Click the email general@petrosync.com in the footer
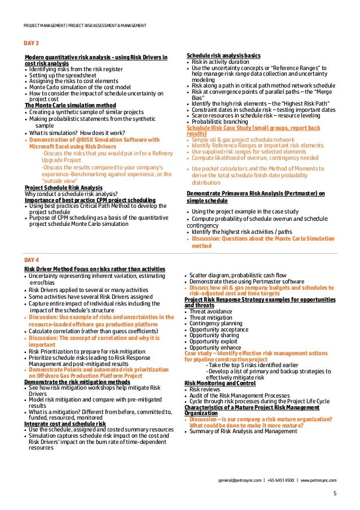pyautogui.click(x=239, y=480)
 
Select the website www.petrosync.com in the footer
pyautogui.click(x=319, y=480)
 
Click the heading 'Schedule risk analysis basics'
pyautogui.click(x=223, y=56)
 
